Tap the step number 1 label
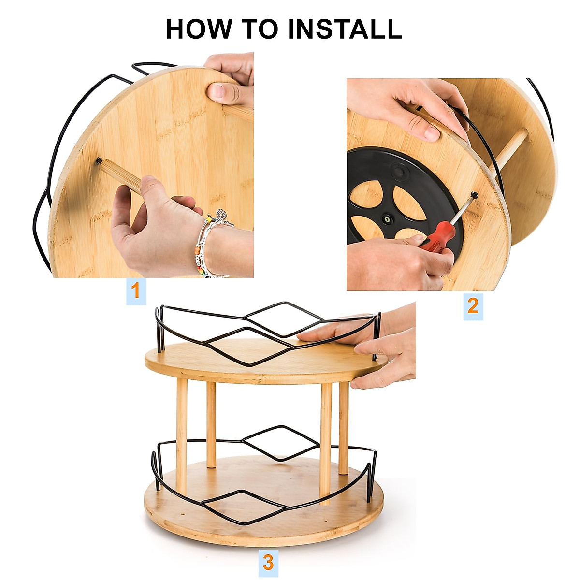coord(136,291)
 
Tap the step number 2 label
coord(473,305)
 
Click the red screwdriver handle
coord(437,237)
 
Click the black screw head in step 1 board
coord(99,160)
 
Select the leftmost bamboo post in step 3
coord(182,435)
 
